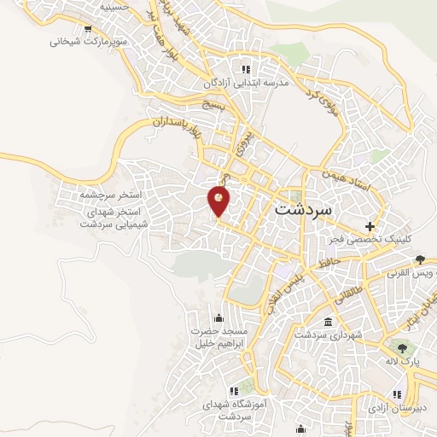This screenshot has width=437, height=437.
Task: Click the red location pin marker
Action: click(219, 201)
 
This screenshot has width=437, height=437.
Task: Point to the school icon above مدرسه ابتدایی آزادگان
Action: click(246, 69)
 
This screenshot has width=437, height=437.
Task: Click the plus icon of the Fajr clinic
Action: click(369, 227)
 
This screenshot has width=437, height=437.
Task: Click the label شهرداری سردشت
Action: click(329, 335)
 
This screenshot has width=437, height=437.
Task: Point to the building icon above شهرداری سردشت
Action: click(329, 322)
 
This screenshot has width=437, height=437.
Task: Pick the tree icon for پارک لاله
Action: click(399, 348)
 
